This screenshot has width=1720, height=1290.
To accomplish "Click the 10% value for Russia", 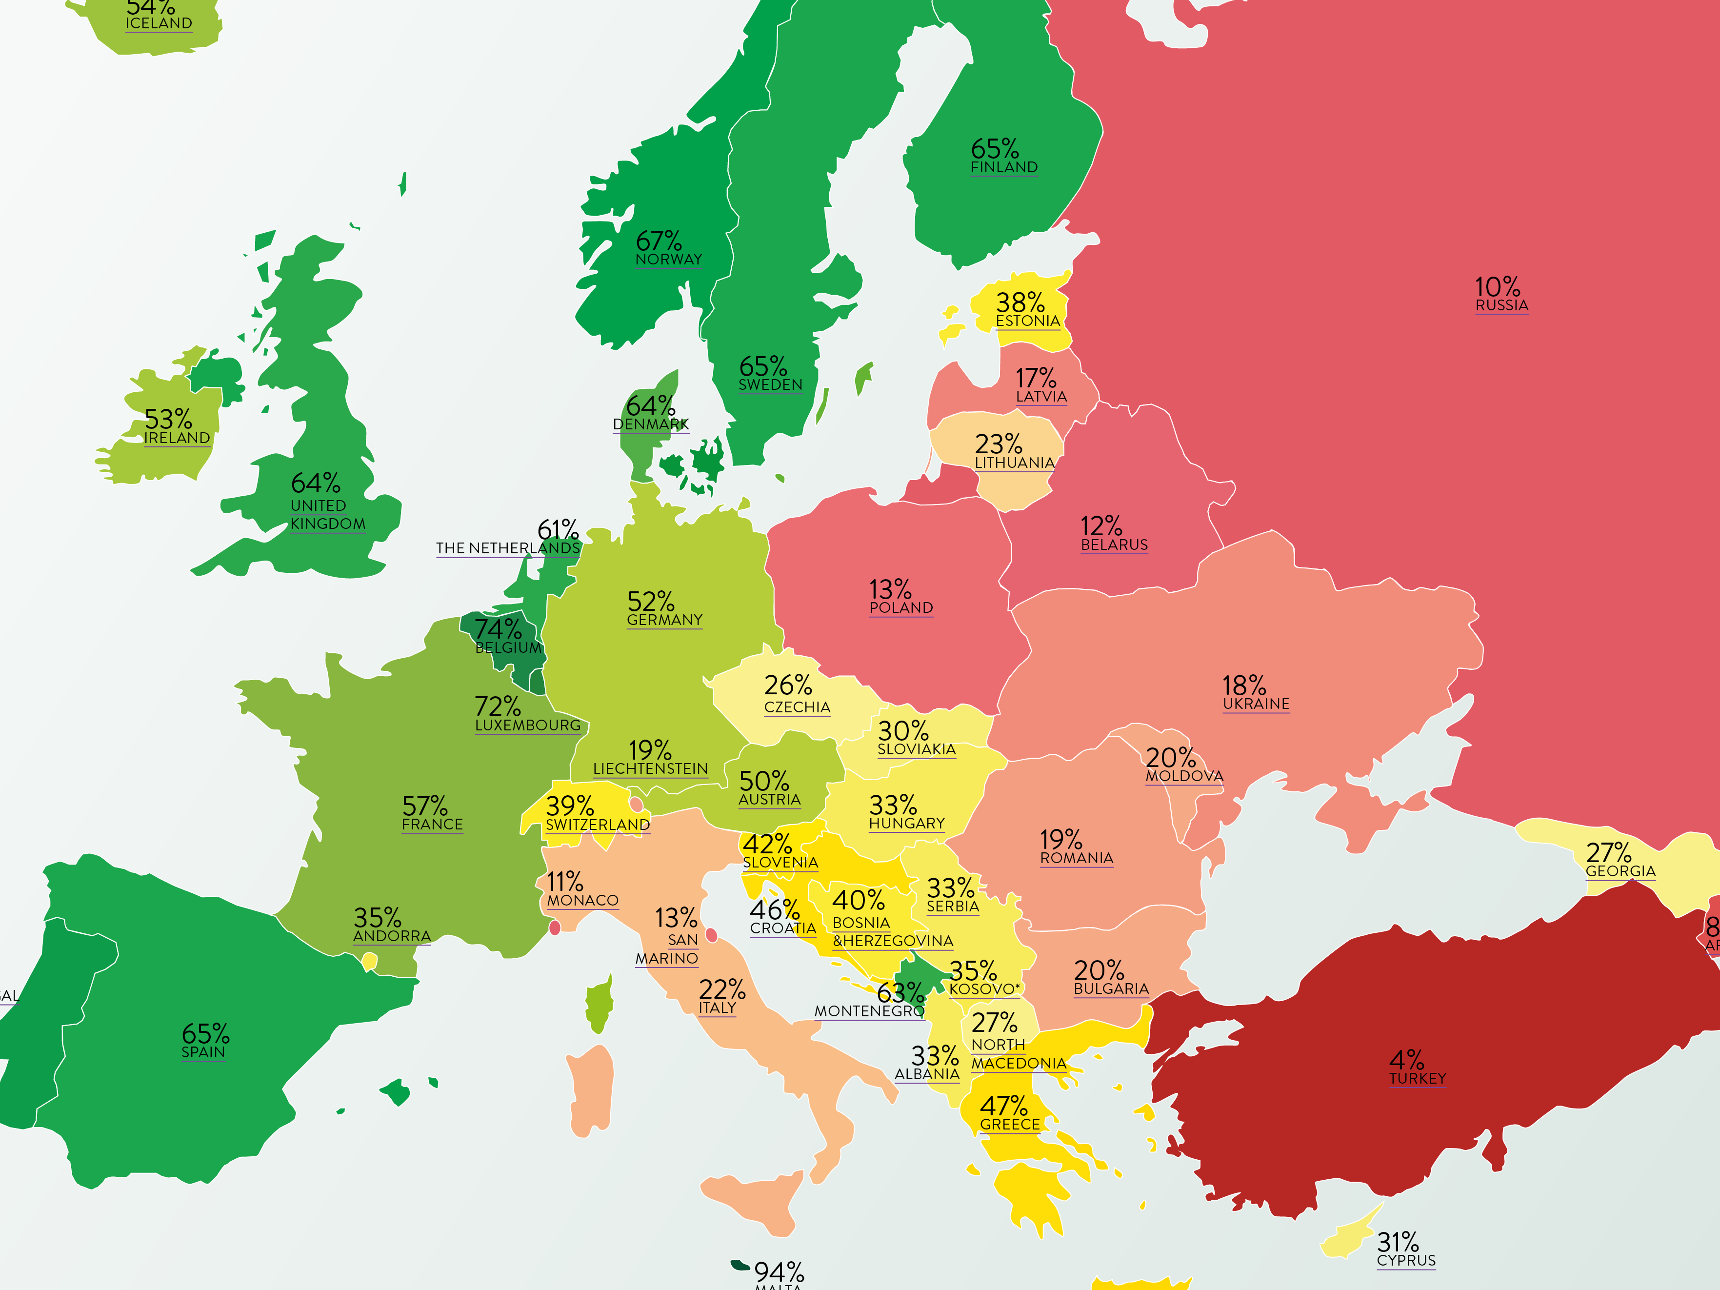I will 1497,287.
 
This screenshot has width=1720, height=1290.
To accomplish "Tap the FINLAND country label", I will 1004,167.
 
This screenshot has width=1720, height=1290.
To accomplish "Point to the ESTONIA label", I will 1027,321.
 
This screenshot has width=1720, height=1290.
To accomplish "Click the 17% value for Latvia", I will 1036,379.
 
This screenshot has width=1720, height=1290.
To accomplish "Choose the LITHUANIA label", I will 1015,463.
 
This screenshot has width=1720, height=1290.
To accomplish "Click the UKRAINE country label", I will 1256,704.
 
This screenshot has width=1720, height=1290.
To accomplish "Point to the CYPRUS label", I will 1406,1260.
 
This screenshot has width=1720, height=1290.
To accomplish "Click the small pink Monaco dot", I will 555,927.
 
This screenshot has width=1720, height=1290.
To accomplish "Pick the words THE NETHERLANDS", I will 508,548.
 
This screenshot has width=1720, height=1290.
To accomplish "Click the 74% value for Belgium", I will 498,628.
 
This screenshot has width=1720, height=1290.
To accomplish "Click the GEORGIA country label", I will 1620,871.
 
